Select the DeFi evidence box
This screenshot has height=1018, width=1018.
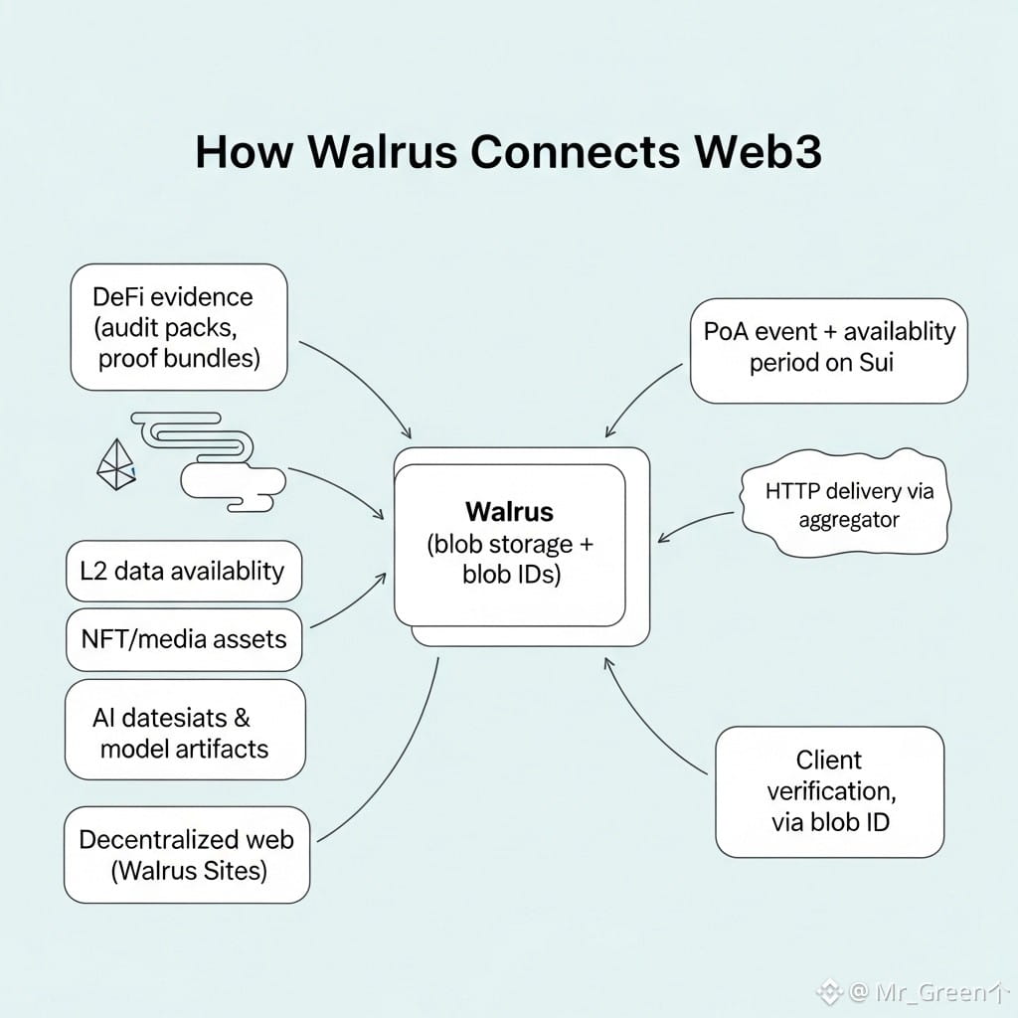[x=179, y=327]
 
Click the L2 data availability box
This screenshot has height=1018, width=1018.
[x=183, y=572]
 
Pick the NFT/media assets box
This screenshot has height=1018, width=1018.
[x=183, y=638]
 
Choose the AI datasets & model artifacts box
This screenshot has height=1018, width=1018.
[x=184, y=732]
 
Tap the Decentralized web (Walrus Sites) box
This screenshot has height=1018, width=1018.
[x=186, y=855]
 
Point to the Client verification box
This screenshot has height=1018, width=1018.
[x=829, y=791]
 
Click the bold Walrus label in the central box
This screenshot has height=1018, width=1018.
[x=509, y=512]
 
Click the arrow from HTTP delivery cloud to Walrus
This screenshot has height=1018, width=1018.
[x=696, y=525]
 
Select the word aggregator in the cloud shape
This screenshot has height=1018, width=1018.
[x=848, y=519]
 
